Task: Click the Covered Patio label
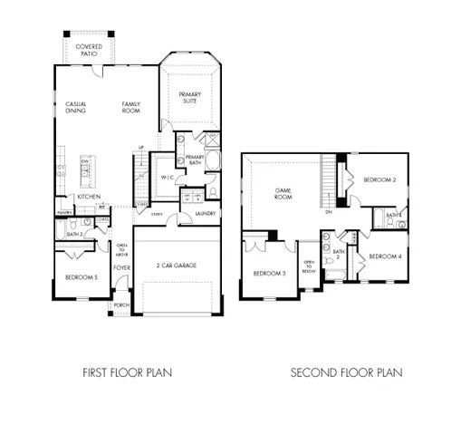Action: [x=89, y=49]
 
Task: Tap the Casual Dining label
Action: [x=76, y=108]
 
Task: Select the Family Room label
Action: [x=134, y=108]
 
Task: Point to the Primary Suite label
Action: [x=189, y=98]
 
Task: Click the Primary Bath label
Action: [x=196, y=160]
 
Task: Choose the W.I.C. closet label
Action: [x=167, y=177]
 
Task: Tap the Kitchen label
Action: [x=88, y=197]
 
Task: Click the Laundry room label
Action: [x=205, y=214]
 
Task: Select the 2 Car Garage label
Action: [x=177, y=266]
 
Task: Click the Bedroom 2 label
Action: [x=379, y=180]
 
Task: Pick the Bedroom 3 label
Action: [x=269, y=273]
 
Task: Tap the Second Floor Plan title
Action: [x=346, y=372]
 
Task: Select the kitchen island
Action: [x=89, y=169]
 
